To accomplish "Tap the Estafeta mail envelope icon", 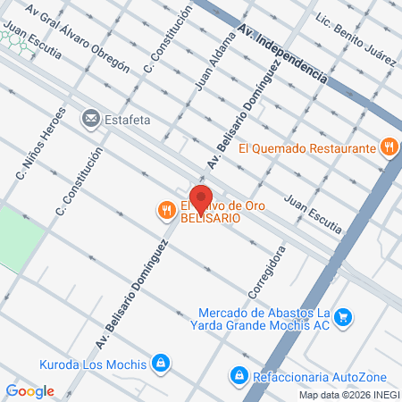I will pos(90,117).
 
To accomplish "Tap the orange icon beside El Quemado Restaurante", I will pos(389,147).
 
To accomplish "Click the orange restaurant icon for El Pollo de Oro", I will pos(165,211).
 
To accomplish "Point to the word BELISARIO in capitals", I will pos(211,218).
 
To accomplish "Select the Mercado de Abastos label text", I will pos(264,319).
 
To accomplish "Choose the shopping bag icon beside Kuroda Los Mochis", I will pos(160,363).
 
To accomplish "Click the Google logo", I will pos(29,390).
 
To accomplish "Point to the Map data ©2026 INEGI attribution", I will pos(349,395).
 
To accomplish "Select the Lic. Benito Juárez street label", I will pos(356,39).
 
